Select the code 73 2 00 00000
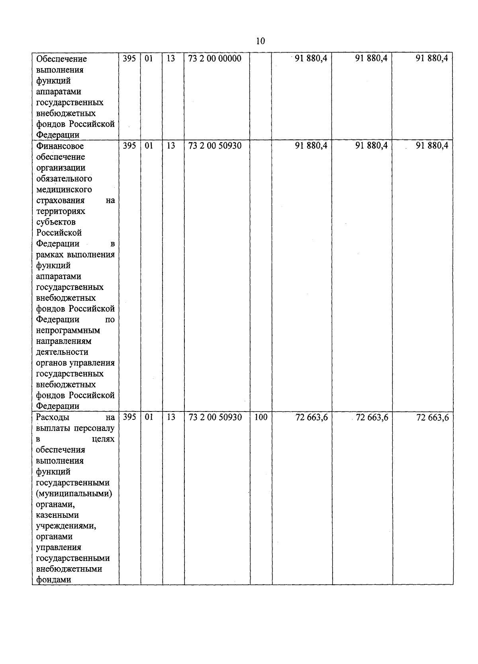coord(215,59)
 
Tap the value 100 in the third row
coord(261,417)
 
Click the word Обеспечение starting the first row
coord(61,59)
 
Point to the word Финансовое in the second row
coord(60,146)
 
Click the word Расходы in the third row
coord(53,417)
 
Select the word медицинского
coord(64,189)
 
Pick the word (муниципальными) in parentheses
coord(74,494)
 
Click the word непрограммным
coord(68,330)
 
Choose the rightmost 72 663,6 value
coord(432,417)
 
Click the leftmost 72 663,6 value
coord(311,417)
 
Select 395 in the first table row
coord(129,59)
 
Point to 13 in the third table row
coord(170,417)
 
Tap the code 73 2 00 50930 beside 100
coord(215,417)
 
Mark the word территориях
coord(61,211)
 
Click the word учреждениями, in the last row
coord(66,526)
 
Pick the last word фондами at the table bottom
coord(53,580)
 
